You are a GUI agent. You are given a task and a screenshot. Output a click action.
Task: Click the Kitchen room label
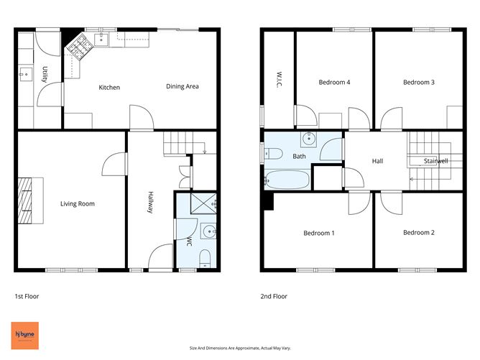(x=109, y=88)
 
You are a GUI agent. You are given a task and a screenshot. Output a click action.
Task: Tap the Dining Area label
(x=183, y=87)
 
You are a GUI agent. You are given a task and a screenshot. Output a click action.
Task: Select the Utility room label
(x=45, y=75)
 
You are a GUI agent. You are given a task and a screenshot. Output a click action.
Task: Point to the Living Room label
(x=77, y=204)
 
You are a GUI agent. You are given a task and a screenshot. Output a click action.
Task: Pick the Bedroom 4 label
(x=334, y=83)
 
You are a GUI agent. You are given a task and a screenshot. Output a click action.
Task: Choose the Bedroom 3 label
(x=418, y=83)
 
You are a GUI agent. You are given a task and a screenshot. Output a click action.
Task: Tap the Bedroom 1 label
(x=318, y=233)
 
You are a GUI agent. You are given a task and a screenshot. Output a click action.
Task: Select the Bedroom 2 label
(x=418, y=233)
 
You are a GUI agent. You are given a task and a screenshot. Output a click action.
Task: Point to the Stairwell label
(x=435, y=161)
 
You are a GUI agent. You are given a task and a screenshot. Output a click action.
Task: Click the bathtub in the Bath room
(x=287, y=180)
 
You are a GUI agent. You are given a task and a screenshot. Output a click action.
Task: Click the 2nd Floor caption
(x=274, y=296)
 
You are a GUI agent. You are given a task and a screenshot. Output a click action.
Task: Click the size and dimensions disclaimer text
(x=239, y=347)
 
